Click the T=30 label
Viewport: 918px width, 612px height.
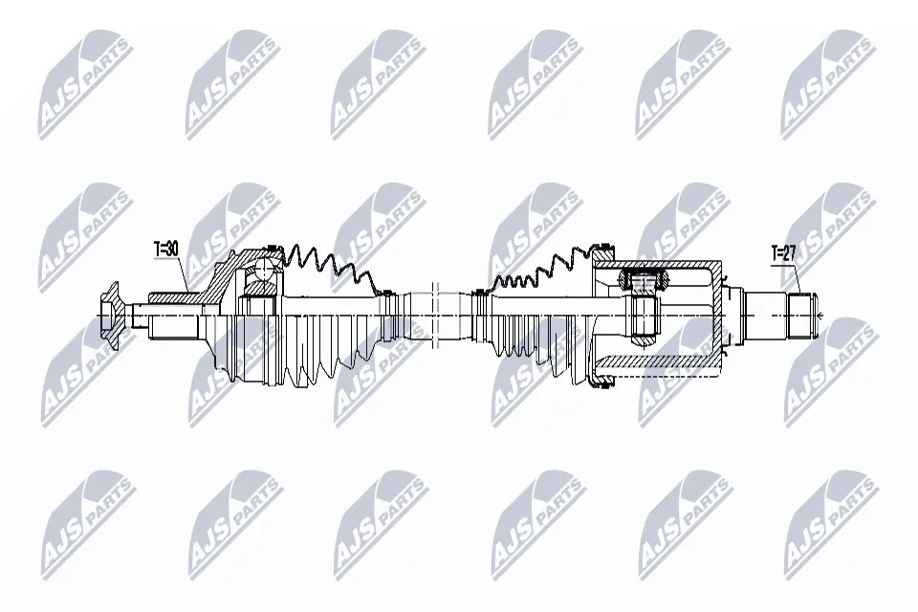click(x=166, y=250)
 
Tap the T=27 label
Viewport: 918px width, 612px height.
click(x=784, y=254)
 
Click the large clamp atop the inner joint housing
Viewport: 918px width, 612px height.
click(x=603, y=253)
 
